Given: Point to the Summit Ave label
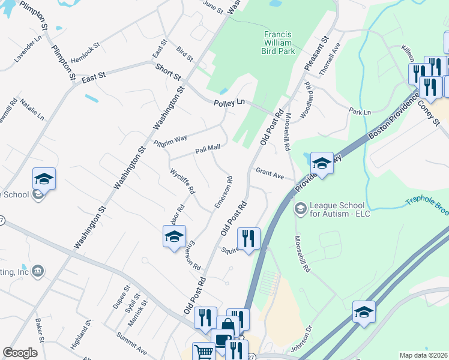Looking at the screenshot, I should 131,342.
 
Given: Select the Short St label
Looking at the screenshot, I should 167,73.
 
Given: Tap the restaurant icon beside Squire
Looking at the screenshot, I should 248,238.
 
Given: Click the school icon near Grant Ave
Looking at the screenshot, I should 322,163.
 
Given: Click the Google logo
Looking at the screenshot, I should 20,353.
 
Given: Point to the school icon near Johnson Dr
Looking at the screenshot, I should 364,312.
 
